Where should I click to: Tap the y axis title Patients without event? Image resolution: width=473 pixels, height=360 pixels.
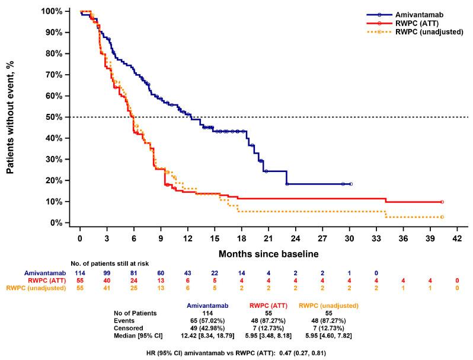point(11,117)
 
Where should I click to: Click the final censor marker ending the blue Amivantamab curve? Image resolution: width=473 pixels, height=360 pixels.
point(351,184)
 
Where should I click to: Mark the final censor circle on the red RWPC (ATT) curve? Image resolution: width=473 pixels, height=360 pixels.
point(442,202)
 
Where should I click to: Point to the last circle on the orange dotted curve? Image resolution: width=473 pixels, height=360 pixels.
point(442,217)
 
